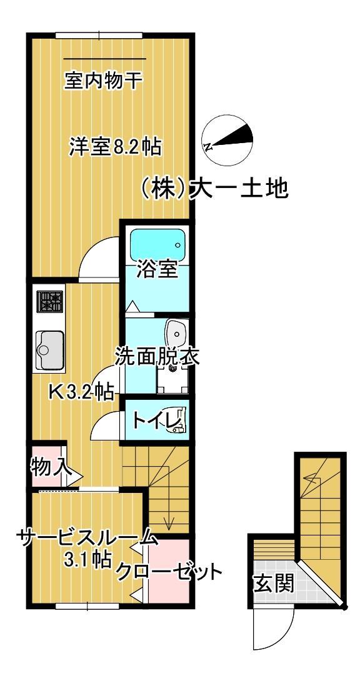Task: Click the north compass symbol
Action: point(229,139)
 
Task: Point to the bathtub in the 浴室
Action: point(157,243)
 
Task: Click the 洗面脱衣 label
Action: point(156,356)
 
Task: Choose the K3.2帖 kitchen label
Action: point(81,392)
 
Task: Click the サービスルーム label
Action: point(87,537)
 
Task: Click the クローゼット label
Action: point(169,571)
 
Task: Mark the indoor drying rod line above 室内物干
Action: point(104,59)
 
